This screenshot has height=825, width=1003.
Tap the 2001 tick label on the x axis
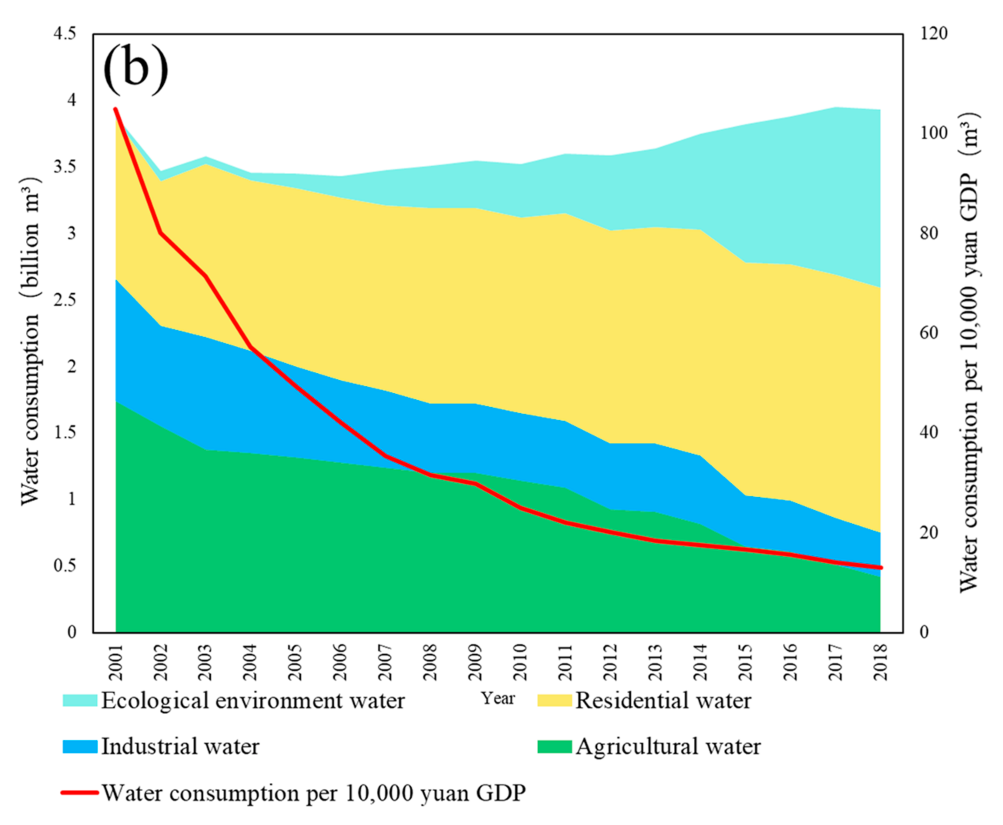(115, 663)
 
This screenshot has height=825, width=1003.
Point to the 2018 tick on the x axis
(881, 663)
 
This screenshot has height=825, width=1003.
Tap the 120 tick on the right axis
(934, 34)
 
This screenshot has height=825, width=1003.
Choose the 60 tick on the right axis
(929, 333)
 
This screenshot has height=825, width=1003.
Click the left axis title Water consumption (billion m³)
(31, 342)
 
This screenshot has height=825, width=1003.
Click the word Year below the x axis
(498, 698)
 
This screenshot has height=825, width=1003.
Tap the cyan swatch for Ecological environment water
(80, 700)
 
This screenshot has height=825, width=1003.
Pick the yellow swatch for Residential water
(554, 700)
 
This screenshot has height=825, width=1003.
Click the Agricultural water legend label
(668, 747)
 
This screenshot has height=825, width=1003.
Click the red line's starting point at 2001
(115, 109)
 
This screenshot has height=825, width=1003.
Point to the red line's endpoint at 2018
(881, 567)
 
